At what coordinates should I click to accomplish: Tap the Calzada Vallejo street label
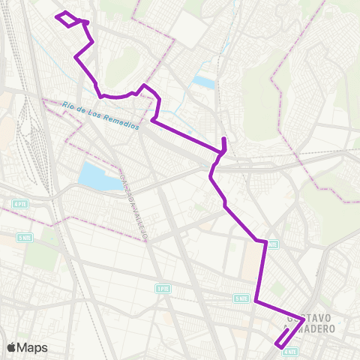pyautogui.click(x=136, y=202)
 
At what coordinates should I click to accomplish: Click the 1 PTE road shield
pyautogui.click(x=163, y=288)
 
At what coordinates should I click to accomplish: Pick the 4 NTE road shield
pyautogui.click(x=290, y=351)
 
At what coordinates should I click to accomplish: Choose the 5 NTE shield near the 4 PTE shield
pyautogui.click(x=25, y=235)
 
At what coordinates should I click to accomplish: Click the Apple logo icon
pyautogui.click(x=12, y=347)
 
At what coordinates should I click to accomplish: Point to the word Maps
pyautogui.click(x=32, y=347)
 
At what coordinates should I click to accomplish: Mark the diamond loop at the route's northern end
pyautogui.click(x=68, y=19)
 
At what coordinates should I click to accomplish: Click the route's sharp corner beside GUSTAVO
pyautogui.click(x=303, y=319)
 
